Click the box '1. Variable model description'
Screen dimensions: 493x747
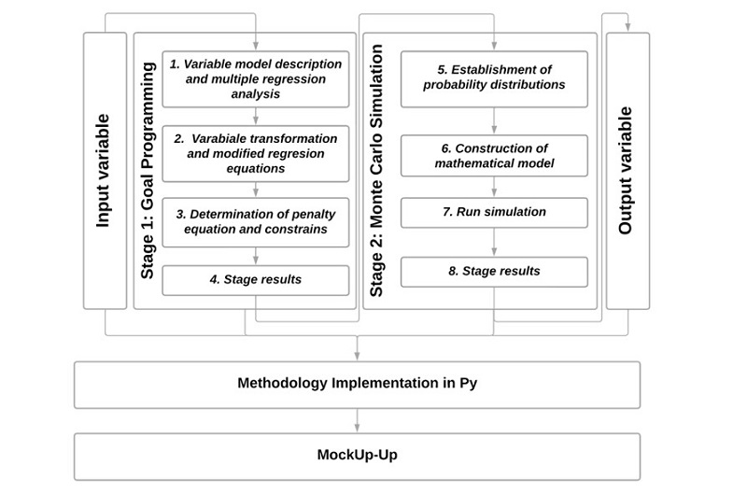tap(256, 78)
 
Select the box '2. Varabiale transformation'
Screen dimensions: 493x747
tap(256, 153)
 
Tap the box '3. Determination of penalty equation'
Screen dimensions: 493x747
tap(256, 222)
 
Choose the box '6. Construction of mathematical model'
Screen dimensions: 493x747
tap(494, 156)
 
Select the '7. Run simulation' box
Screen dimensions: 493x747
tap(494, 213)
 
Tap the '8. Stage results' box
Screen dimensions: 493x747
tap(494, 272)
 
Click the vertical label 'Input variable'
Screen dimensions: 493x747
tap(104, 171)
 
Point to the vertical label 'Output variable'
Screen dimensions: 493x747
tap(626, 171)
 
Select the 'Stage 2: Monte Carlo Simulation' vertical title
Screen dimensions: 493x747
tap(377, 171)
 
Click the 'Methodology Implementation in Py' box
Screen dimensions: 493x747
tap(358, 384)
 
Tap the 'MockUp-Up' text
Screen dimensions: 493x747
tap(358, 456)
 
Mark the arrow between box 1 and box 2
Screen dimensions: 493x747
tap(256, 117)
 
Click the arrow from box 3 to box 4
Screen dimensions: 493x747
tap(256, 257)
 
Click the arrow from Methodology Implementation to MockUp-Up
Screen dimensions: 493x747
tap(358, 421)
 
